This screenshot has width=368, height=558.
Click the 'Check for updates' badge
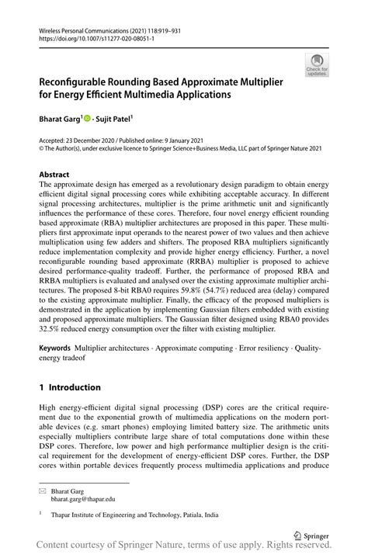[x=316, y=64]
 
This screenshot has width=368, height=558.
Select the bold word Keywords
[x=59, y=347]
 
